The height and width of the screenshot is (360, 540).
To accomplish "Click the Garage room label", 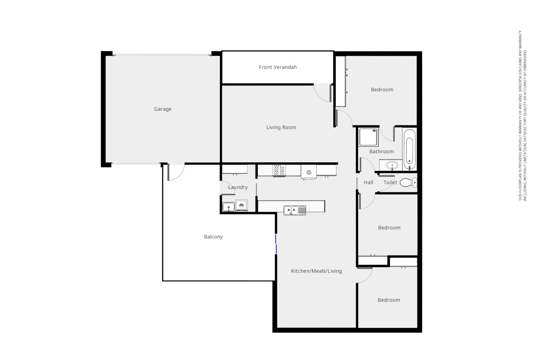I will coord(163,109).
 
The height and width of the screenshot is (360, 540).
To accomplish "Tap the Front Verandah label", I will coord(278,67).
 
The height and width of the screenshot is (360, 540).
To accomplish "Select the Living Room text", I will coord(281,127).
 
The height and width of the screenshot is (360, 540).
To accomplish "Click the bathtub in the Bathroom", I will coord(409,149).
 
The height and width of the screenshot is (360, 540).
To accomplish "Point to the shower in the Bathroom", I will coord(368,137).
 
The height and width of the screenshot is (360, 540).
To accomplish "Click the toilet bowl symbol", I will coord(408,182).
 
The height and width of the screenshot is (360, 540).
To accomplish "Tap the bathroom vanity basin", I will coord(392,165).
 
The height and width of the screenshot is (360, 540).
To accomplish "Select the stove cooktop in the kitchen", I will coord(279,170).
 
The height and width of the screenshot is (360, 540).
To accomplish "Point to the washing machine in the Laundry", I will coord(241,205).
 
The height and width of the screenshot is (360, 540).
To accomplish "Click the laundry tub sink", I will coord(228,207).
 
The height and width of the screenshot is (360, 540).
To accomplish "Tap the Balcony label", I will coord(213,237).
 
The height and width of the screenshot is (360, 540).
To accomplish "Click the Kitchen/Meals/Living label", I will coord(316,271).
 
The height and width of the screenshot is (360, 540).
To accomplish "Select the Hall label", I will coord(368,182).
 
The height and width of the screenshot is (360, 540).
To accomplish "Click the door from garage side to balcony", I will coord(175,172).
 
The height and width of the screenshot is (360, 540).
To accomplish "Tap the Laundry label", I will coord(238,187).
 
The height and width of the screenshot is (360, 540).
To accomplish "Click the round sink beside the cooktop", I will coord(309,172).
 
